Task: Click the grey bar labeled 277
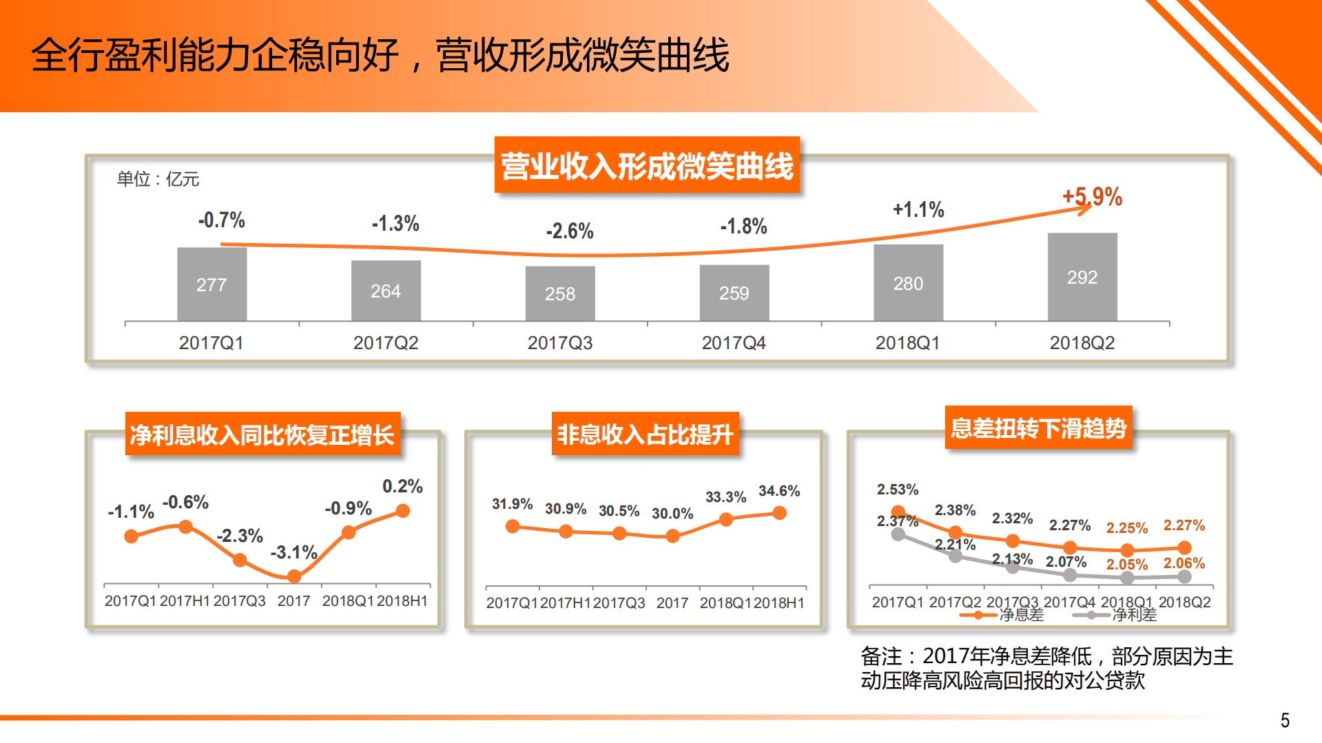(x=211, y=284)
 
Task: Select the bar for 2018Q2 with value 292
(x=1082, y=277)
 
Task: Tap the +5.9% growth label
(x=1092, y=197)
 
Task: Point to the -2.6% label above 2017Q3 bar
(x=569, y=231)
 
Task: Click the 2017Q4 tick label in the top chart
(x=733, y=343)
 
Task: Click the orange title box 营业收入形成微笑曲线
(x=647, y=166)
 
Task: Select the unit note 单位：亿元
(x=158, y=179)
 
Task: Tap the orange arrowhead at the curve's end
(x=1086, y=208)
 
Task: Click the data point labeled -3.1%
(x=294, y=576)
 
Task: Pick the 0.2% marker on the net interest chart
(x=403, y=511)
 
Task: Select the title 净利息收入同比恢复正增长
(x=262, y=435)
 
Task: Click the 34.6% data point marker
(x=779, y=513)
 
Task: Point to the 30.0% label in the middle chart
(x=672, y=514)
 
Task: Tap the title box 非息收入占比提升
(x=645, y=435)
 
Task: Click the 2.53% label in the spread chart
(x=897, y=490)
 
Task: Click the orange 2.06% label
(x=1184, y=563)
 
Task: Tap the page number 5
(x=1285, y=720)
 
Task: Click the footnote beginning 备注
(x=1046, y=668)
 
